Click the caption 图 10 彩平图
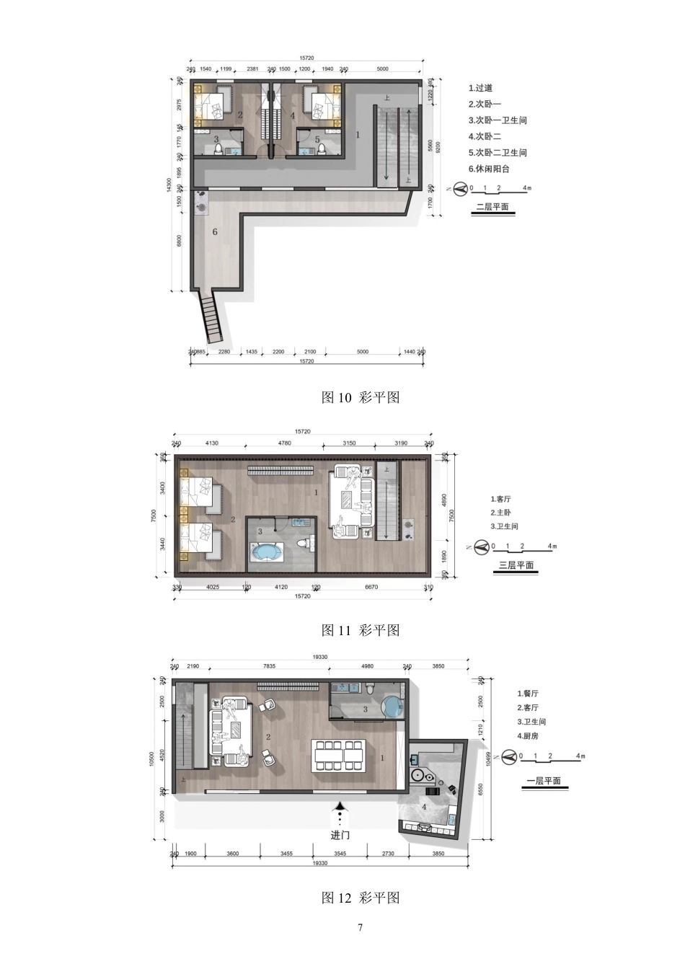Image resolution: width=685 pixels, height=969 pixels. pyautogui.click(x=360, y=397)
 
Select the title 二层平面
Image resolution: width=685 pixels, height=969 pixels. pyautogui.click(x=493, y=207)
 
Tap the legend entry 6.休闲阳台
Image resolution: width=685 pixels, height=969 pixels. pyautogui.click(x=488, y=169)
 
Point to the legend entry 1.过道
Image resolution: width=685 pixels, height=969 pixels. pyautogui.click(x=480, y=88)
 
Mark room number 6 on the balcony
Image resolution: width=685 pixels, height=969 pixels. pyautogui.click(x=215, y=232)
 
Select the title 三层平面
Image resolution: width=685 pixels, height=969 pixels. pyautogui.click(x=516, y=565)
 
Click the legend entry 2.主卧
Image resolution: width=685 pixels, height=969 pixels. pyautogui.click(x=502, y=513)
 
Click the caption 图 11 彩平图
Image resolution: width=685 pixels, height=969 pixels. pyautogui.click(x=360, y=630)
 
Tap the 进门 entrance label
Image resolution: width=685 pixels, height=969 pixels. pyautogui.click(x=340, y=835)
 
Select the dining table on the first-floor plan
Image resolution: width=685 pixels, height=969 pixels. pyautogui.click(x=339, y=756)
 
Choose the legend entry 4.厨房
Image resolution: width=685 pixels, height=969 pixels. pyautogui.click(x=527, y=736)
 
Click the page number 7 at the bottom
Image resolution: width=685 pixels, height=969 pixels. pyautogui.click(x=360, y=927)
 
